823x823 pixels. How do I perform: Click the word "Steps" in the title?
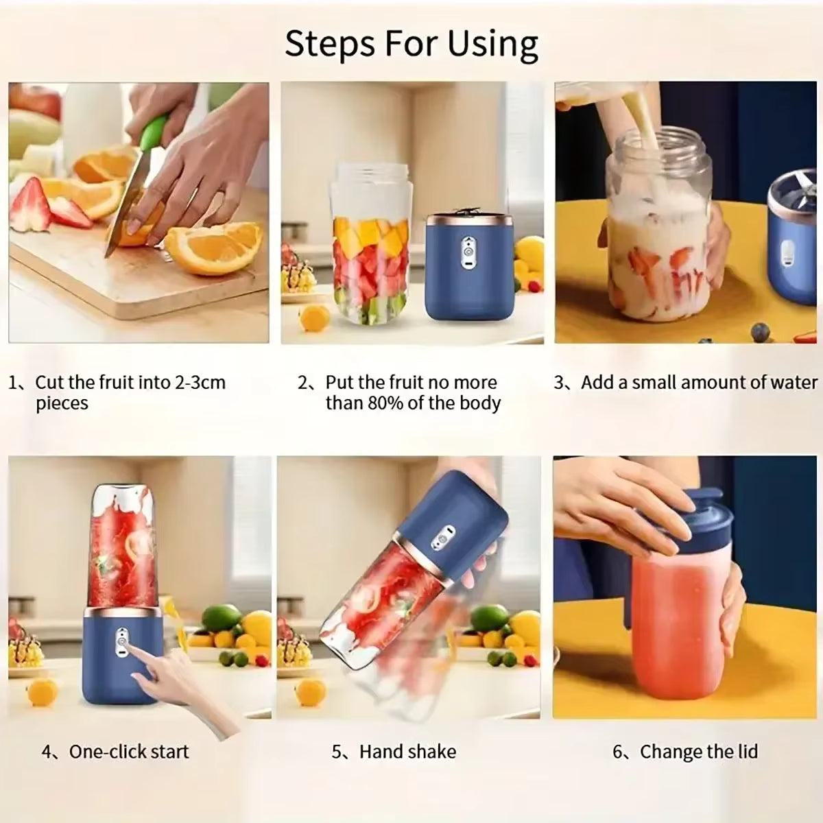pyautogui.click(x=328, y=43)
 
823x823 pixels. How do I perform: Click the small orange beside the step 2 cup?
pyautogui.click(x=315, y=318)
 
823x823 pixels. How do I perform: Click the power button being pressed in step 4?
pyautogui.click(x=121, y=642)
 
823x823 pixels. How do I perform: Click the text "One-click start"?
pyautogui.click(x=129, y=751)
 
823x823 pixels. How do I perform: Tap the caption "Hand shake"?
pyautogui.click(x=407, y=751)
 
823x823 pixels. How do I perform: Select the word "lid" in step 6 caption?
pyautogui.click(x=746, y=751)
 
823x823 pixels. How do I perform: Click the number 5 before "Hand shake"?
pyautogui.click(x=337, y=751)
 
